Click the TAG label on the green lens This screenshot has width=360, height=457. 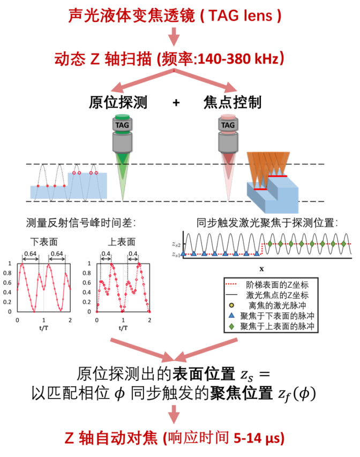[122, 125]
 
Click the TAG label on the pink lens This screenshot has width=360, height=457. [228, 125]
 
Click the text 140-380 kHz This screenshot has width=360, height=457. [239, 59]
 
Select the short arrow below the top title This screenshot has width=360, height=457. [173, 38]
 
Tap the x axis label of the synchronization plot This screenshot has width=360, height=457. [261, 268]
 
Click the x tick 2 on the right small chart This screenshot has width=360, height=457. [149, 320]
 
